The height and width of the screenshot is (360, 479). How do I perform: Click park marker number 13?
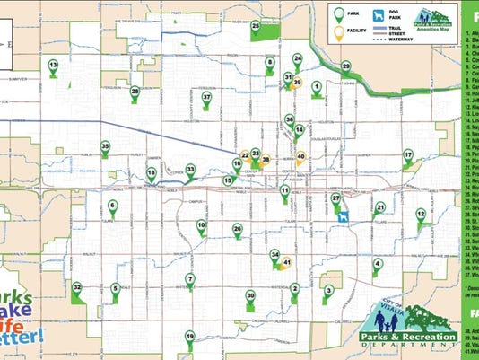(53, 66)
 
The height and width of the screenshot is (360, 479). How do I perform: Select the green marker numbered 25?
(256, 27)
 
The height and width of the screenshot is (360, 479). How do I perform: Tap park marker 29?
(345, 66)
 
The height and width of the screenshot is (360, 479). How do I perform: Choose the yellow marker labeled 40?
(301, 155)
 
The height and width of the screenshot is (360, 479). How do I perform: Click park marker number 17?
(408, 155)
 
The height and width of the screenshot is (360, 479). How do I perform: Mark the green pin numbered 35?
(105, 146)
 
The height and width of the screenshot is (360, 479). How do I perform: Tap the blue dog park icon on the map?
(343, 215)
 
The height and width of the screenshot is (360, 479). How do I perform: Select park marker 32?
(78, 287)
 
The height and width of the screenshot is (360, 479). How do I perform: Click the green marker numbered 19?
(190, 336)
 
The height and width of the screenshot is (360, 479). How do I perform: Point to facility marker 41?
(287, 261)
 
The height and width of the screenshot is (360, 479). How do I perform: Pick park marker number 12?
(421, 214)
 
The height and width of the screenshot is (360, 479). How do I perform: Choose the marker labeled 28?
(135, 91)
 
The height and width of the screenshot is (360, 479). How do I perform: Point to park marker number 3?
(329, 289)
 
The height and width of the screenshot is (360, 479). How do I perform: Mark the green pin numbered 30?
(250, 295)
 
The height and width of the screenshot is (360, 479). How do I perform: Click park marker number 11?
(284, 190)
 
